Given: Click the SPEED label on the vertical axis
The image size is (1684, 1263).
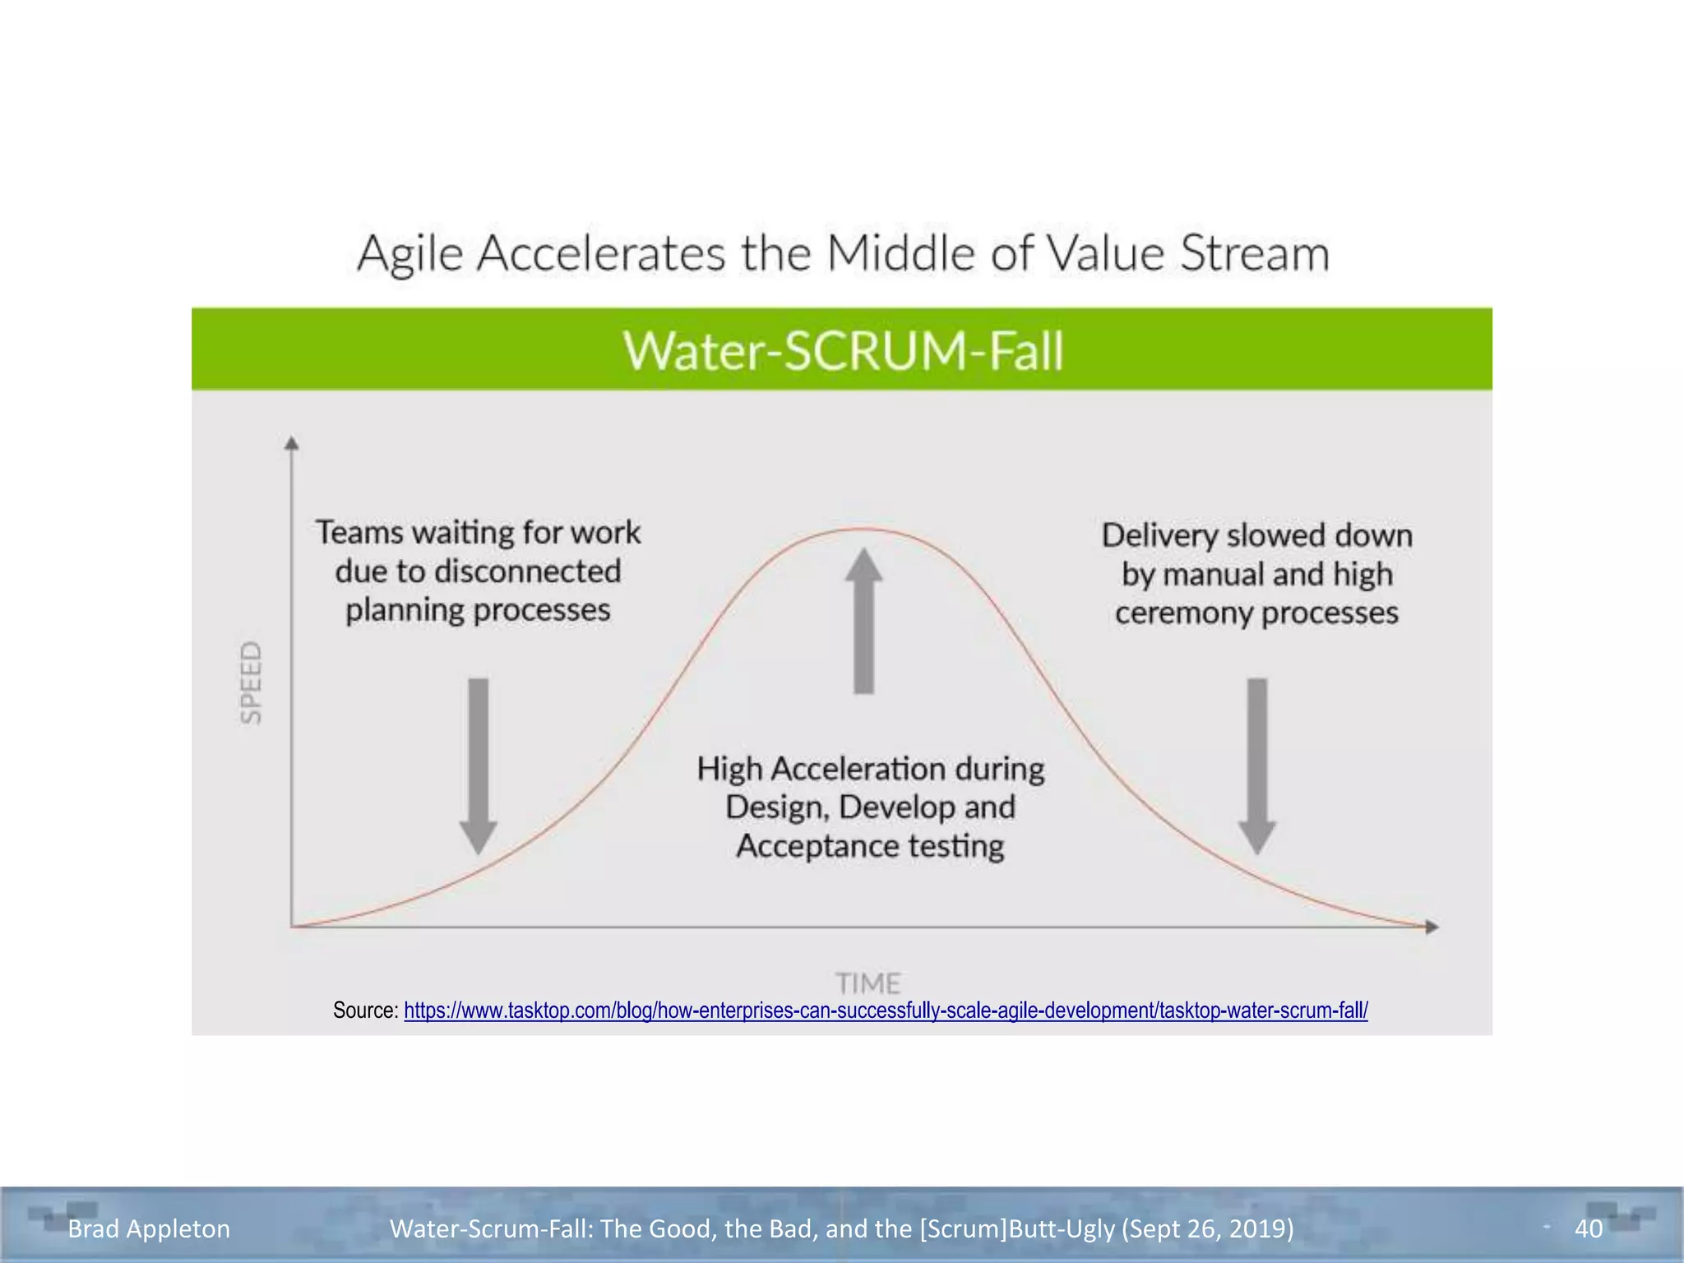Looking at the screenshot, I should click(x=251, y=682).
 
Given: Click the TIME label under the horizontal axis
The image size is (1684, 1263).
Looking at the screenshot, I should click(x=868, y=983).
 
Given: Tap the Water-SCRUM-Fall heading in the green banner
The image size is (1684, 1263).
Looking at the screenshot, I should click(x=843, y=350).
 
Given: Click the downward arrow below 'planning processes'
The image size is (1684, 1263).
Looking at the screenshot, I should click(x=478, y=765).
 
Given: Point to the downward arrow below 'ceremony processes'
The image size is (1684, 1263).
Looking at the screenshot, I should click(x=1256, y=765).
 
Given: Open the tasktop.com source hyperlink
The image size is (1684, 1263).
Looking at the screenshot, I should click(x=886, y=1011).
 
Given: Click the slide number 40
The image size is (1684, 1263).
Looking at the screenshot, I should click(x=1588, y=1228).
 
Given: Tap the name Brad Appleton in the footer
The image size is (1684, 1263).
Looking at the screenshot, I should click(x=149, y=1228).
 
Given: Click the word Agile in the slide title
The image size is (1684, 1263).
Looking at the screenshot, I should click(x=410, y=253).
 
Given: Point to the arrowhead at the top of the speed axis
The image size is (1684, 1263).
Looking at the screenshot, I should click(x=291, y=443).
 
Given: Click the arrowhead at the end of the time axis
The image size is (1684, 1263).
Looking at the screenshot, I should click(x=1432, y=927).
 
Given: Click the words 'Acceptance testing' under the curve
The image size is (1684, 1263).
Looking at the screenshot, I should click(x=870, y=845).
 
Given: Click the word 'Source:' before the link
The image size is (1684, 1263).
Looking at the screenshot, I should click(x=365, y=1011).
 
